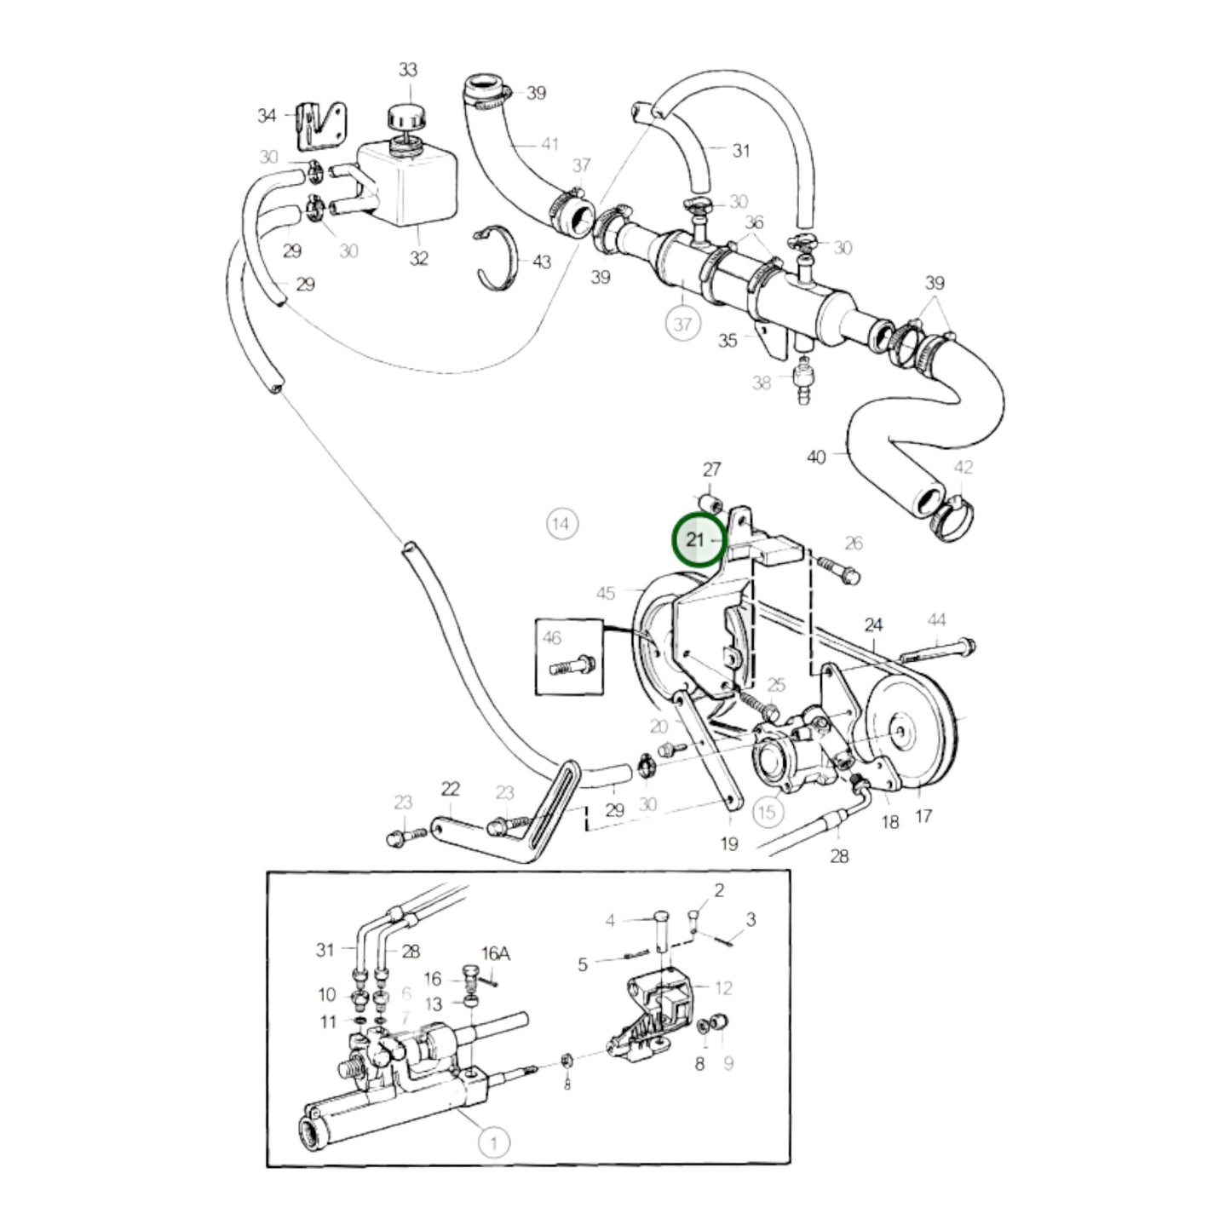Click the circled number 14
(x=561, y=523)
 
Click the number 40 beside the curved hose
(x=816, y=457)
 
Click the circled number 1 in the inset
(x=493, y=1142)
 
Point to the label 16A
(x=495, y=953)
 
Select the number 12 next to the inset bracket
(x=723, y=988)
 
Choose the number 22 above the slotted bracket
(x=450, y=789)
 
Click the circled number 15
(x=767, y=811)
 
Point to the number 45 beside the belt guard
(x=605, y=593)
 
